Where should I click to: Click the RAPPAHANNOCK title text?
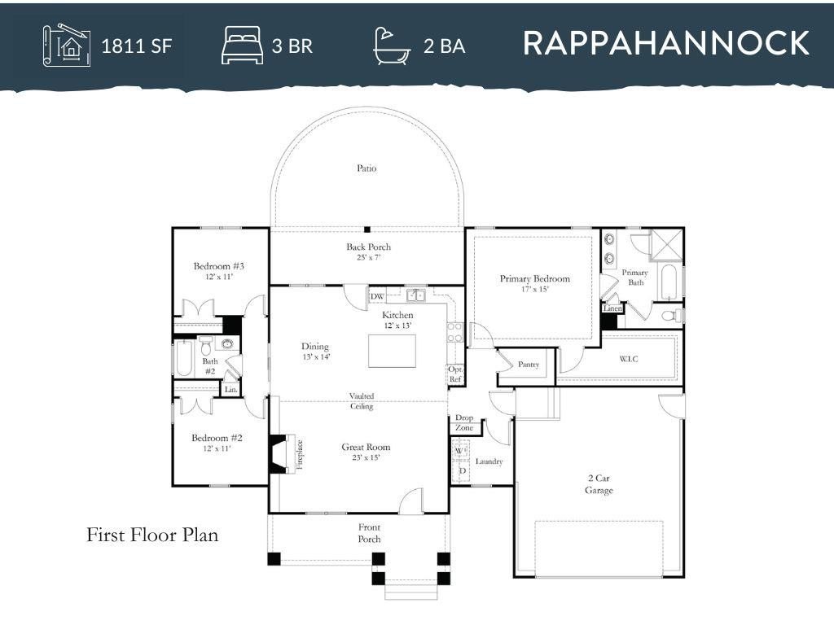tap(666, 43)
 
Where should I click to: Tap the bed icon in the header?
tap(243, 46)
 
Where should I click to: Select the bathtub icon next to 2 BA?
tap(392, 46)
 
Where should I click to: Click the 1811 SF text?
tap(137, 46)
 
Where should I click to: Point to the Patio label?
tap(367, 168)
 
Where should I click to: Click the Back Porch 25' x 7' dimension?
tap(369, 258)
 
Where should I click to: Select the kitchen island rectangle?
tap(392, 351)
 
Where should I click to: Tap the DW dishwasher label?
tap(377, 296)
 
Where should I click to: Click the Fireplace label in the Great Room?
tap(300, 455)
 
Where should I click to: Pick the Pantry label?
tap(528, 365)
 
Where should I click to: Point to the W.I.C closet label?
tap(628, 359)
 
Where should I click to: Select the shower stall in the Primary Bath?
tap(666, 245)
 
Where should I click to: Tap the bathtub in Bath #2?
tap(183, 358)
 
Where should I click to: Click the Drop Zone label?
tap(464, 422)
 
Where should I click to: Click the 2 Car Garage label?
tap(599, 484)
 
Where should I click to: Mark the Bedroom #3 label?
tap(218, 266)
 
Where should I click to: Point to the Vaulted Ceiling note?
tap(362, 401)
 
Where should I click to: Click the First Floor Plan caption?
tap(152, 535)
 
